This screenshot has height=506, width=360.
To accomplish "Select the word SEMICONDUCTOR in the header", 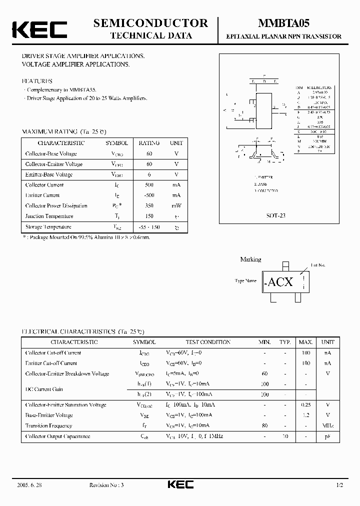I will (x=150, y=23).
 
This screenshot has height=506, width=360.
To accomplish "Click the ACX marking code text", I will (x=280, y=282).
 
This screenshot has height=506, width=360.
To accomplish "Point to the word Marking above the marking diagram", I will (x=250, y=259).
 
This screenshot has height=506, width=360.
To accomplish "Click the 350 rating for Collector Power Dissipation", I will (x=148, y=205).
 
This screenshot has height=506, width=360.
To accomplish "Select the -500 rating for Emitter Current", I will (x=148, y=195).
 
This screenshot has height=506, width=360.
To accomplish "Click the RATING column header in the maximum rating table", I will (x=148, y=143).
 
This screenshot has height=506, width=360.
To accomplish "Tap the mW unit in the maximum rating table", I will (x=176, y=205).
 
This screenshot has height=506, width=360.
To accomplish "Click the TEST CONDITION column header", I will (x=208, y=342).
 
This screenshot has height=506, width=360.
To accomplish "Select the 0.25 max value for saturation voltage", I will (x=305, y=405).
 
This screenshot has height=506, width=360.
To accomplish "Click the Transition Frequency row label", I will (x=48, y=426).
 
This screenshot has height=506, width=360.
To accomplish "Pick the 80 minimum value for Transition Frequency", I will (x=265, y=426).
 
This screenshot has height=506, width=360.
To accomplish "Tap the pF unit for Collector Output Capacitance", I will (x=327, y=436).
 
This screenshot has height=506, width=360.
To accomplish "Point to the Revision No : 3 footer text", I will (x=106, y=485).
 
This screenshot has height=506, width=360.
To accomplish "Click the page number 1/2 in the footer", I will (x=339, y=485).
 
